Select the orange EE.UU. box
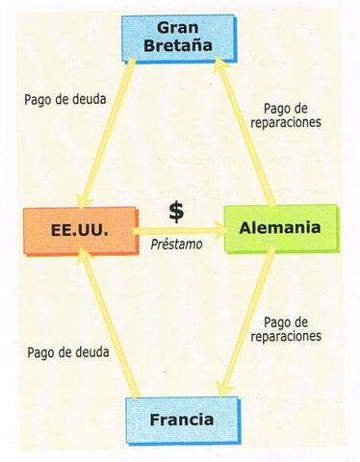(80, 230)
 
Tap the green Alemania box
(280, 228)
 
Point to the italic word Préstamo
(176, 245)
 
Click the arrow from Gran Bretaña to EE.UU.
(110, 130)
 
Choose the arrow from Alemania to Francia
(245, 322)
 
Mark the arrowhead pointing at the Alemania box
(219, 230)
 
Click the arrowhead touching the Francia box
(223, 388)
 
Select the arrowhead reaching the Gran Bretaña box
(219, 65)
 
